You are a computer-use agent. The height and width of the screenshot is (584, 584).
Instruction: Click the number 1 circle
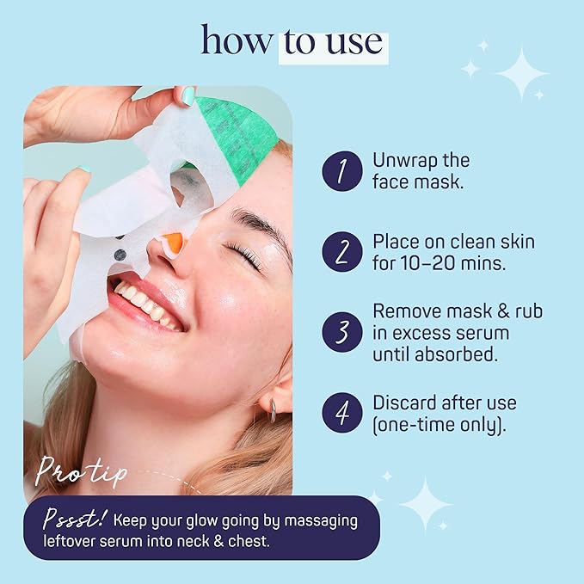(342, 172)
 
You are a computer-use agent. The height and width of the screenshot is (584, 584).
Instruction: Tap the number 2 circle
(342, 252)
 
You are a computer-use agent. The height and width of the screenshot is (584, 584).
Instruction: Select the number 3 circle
(342, 332)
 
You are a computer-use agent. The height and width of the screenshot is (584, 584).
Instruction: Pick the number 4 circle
(342, 414)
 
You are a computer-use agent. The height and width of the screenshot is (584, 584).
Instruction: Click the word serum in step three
(486, 332)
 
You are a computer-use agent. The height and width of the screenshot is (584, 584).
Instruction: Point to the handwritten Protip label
(83, 472)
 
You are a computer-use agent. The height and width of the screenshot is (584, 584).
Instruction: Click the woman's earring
(273, 411)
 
